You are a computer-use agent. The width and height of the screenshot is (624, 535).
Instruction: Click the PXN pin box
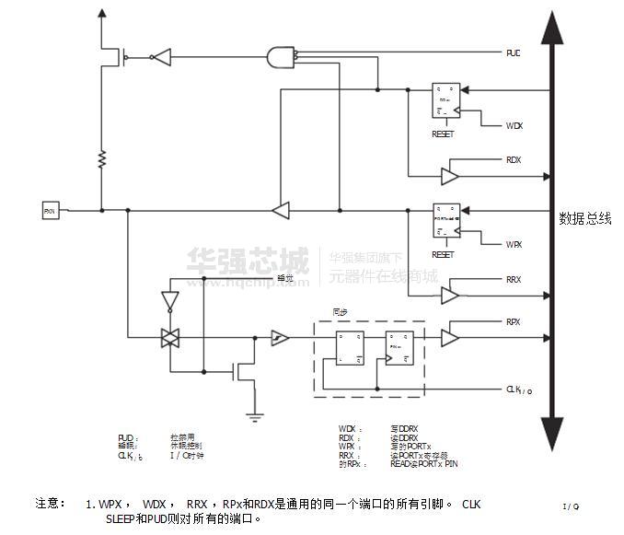[x=50, y=210]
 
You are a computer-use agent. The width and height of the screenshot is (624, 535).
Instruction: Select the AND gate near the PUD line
[x=279, y=57]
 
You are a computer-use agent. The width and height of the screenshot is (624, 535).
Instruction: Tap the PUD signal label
[x=513, y=53]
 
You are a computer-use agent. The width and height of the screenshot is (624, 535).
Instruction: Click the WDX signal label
[x=514, y=125]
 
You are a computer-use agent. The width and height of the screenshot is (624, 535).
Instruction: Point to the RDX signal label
[x=514, y=159]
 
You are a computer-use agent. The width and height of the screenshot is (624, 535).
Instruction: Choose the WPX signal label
[x=514, y=244]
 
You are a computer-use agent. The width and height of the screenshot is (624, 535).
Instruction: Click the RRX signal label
[x=514, y=279]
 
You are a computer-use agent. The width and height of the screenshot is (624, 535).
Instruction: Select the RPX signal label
[x=514, y=322]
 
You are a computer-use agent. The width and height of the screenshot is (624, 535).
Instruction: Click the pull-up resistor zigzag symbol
[x=101, y=160]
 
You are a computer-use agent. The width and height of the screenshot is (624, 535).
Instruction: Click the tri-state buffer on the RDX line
[x=450, y=175]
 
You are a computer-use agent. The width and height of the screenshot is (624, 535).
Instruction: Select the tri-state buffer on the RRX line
[x=450, y=296]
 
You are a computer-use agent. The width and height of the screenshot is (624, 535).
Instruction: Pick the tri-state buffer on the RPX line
[x=450, y=338]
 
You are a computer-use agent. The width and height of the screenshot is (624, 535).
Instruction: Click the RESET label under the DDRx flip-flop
[x=443, y=134]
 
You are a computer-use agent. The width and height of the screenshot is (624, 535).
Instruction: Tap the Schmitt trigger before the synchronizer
[x=279, y=339]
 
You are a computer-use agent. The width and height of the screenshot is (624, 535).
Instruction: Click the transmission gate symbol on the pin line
[x=169, y=338]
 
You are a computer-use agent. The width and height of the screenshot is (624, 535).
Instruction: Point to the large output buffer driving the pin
[x=282, y=210]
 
